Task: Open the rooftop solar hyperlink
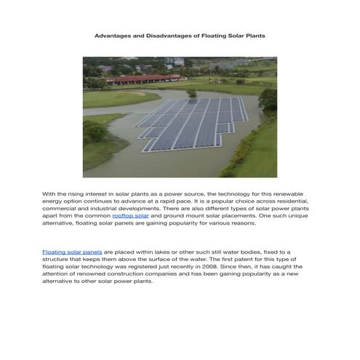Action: tap(131, 216)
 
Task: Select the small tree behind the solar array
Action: tap(192, 93)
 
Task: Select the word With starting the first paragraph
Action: tap(49, 194)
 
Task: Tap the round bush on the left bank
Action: tap(95, 132)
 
